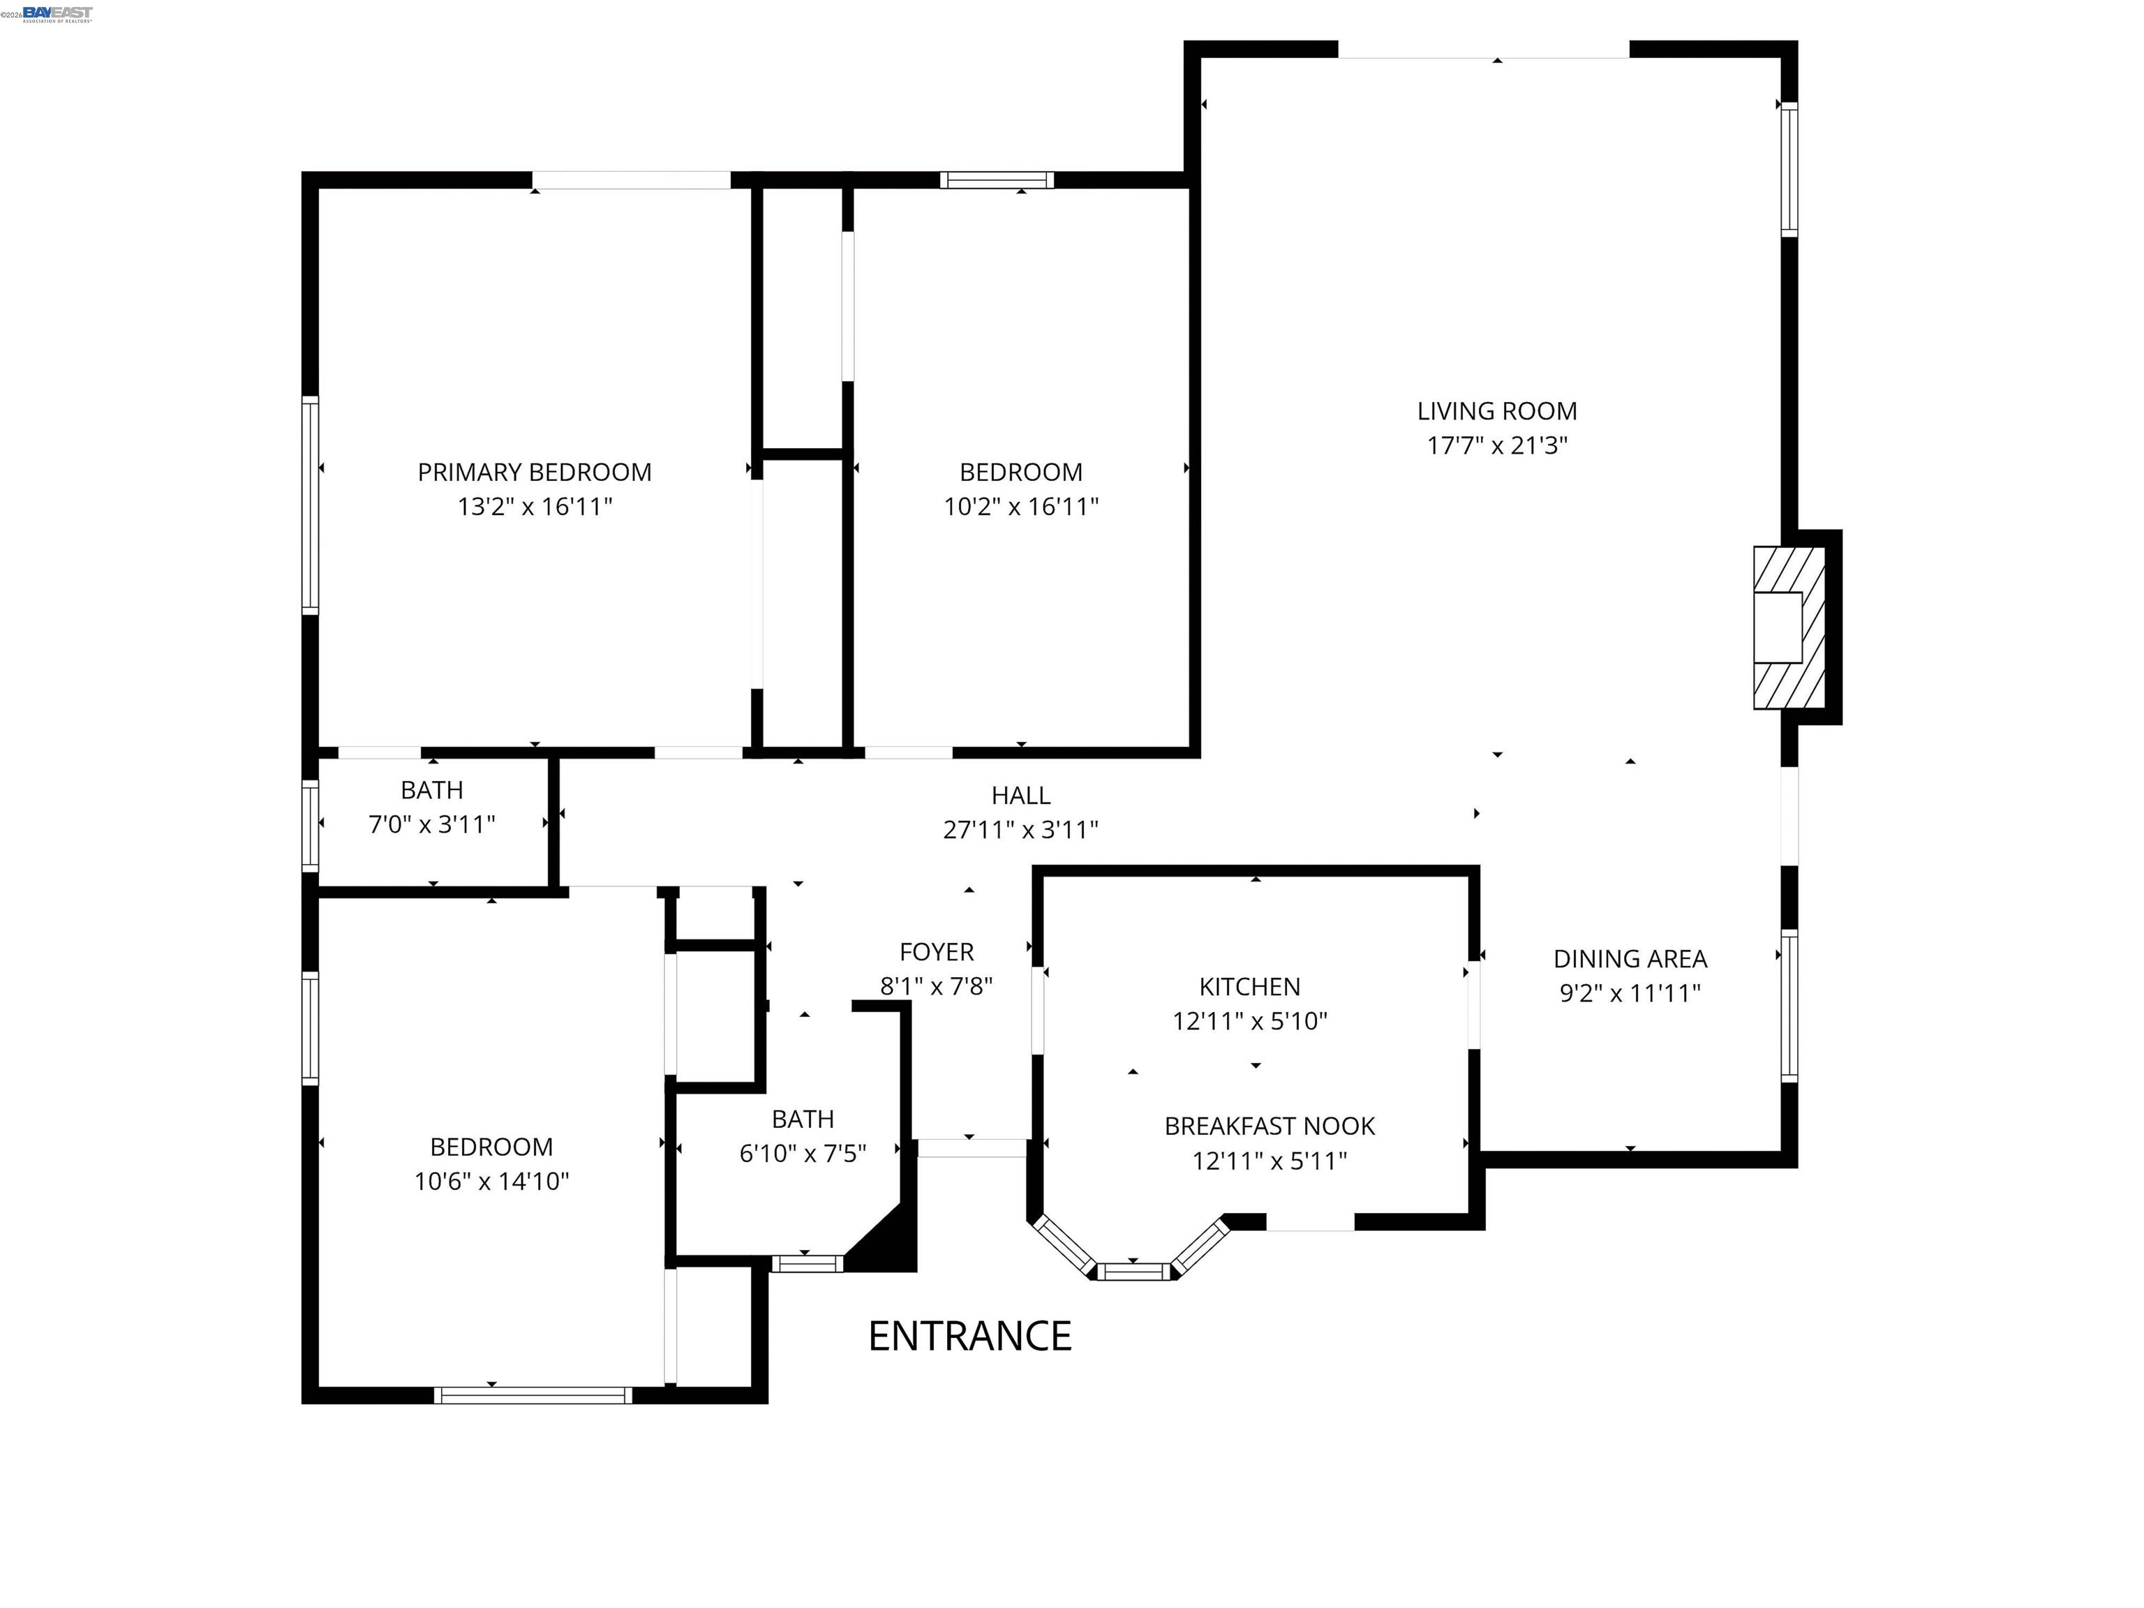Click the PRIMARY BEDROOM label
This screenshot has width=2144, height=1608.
[x=534, y=472]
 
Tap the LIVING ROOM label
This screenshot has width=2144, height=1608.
[x=1496, y=411]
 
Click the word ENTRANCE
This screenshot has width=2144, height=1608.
[x=969, y=1337]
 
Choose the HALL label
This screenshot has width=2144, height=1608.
[x=1020, y=796]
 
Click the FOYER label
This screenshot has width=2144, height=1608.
[x=937, y=952]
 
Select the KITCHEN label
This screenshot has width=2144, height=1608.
[x=1249, y=987]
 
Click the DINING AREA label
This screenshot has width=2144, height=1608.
[x=1630, y=959]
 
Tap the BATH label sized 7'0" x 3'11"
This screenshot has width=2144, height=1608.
[x=431, y=790]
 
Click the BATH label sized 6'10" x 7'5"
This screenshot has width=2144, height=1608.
[x=803, y=1119]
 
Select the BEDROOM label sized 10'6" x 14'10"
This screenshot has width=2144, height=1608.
[x=491, y=1147]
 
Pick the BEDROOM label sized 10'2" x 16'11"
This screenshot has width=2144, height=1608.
[x=1020, y=472]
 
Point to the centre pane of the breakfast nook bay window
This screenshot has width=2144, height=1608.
[x=1133, y=1271]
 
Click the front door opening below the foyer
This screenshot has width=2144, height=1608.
[x=971, y=1149]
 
